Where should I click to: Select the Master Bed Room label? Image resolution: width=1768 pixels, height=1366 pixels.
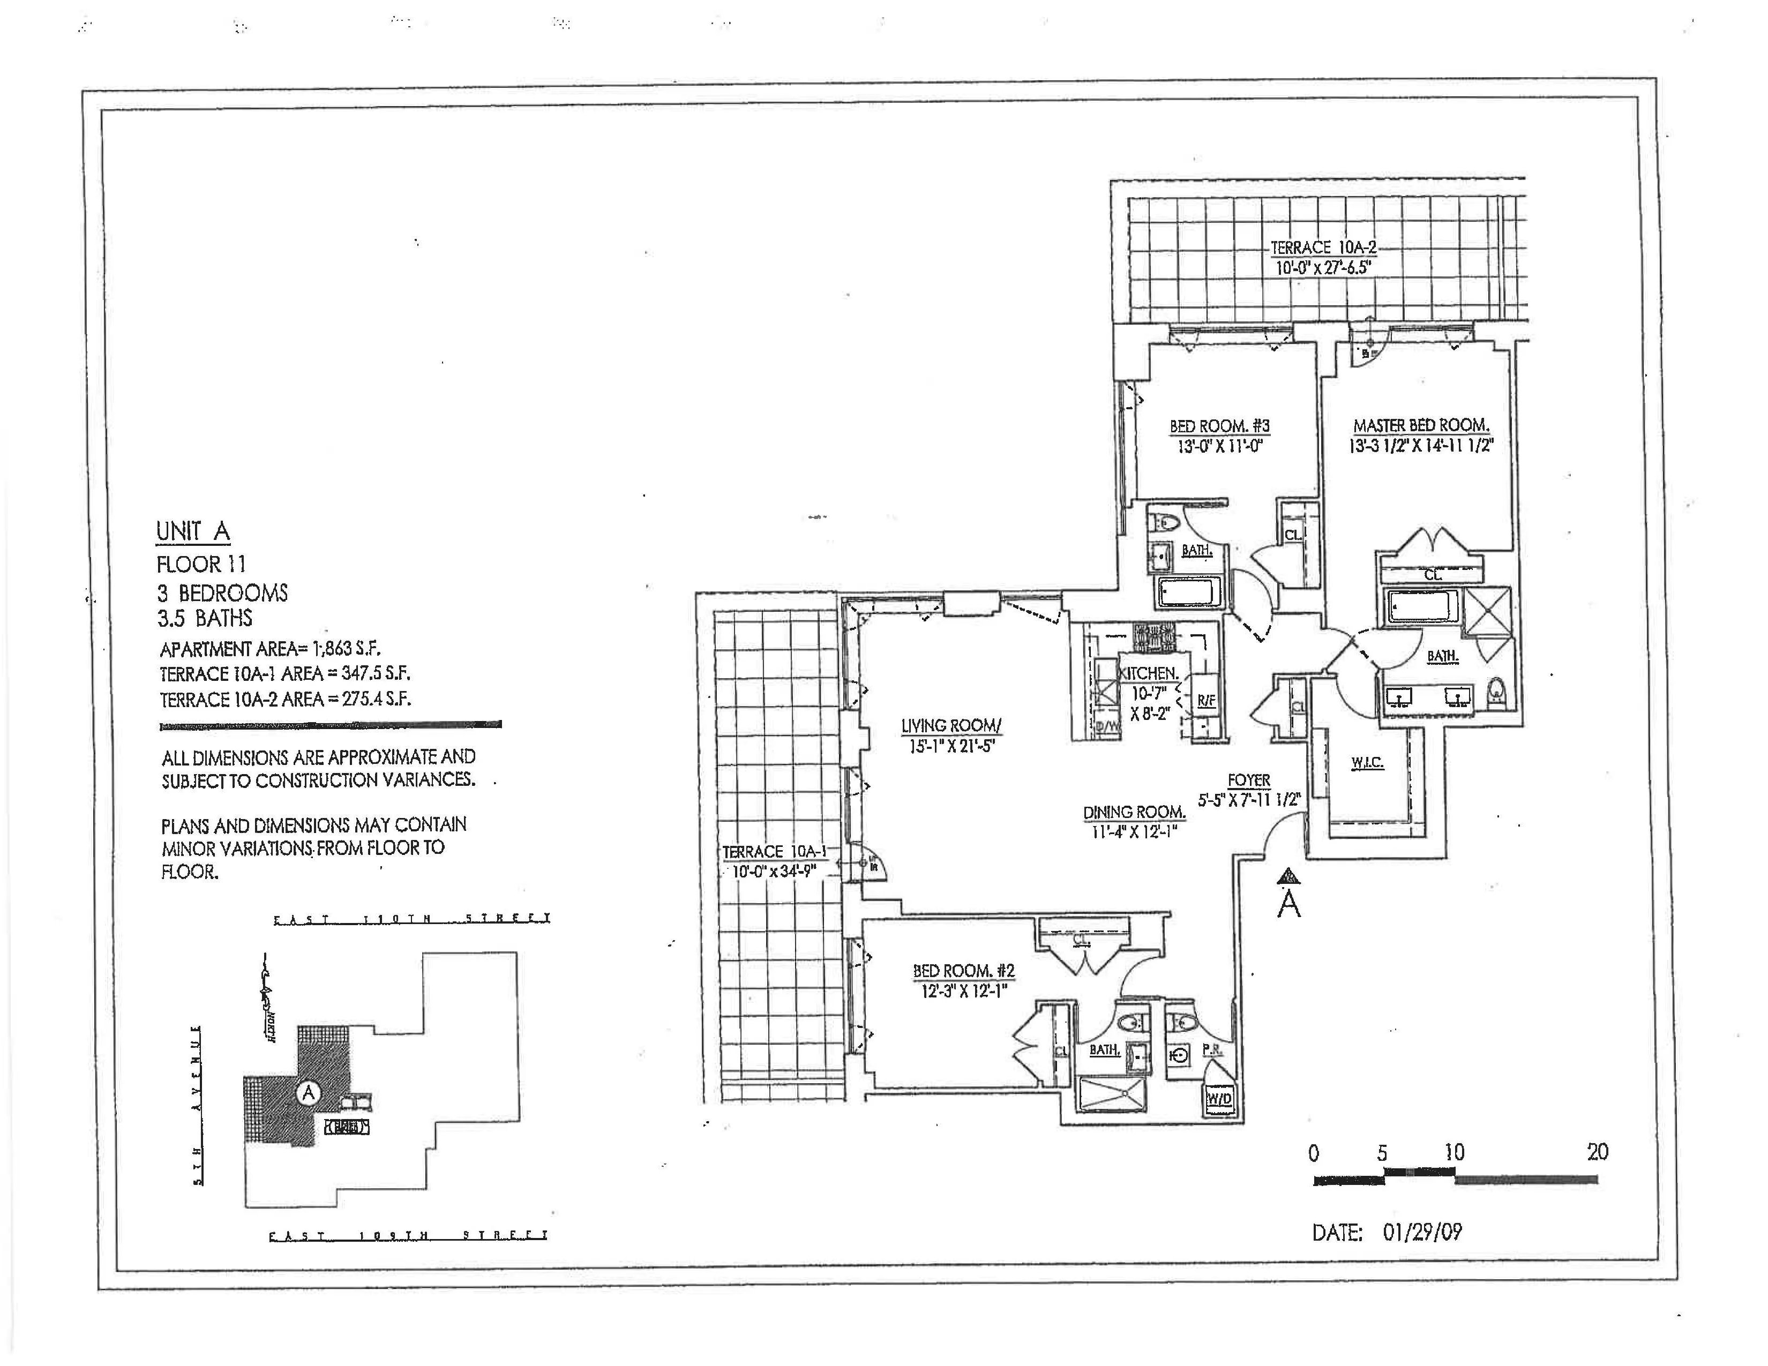[x=1421, y=425]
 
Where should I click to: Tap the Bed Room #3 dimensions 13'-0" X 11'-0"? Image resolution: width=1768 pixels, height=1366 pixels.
[x=1220, y=446]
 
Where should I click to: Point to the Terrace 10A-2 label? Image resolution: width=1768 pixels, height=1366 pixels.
[x=1323, y=247]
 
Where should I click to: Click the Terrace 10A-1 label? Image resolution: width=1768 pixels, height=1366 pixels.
[x=774, y=851]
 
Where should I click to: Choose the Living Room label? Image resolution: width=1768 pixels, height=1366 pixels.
[x=951, y=726]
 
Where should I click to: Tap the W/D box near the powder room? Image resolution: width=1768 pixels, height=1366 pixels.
[x=1219, y=1098]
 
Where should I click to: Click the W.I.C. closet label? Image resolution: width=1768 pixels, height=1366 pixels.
[x=1367, y=762]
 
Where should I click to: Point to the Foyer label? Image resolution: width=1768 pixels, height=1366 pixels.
[x=1249, y=780]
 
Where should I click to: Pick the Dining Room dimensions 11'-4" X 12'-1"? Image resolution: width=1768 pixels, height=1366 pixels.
[x=1134, y=831]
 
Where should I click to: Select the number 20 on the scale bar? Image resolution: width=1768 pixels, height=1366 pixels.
[x=1597, y=1152]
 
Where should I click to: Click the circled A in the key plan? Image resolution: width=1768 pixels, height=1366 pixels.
[x=308, y=1092]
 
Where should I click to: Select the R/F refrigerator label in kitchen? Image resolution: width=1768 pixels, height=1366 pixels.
[x=1205, y=700]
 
